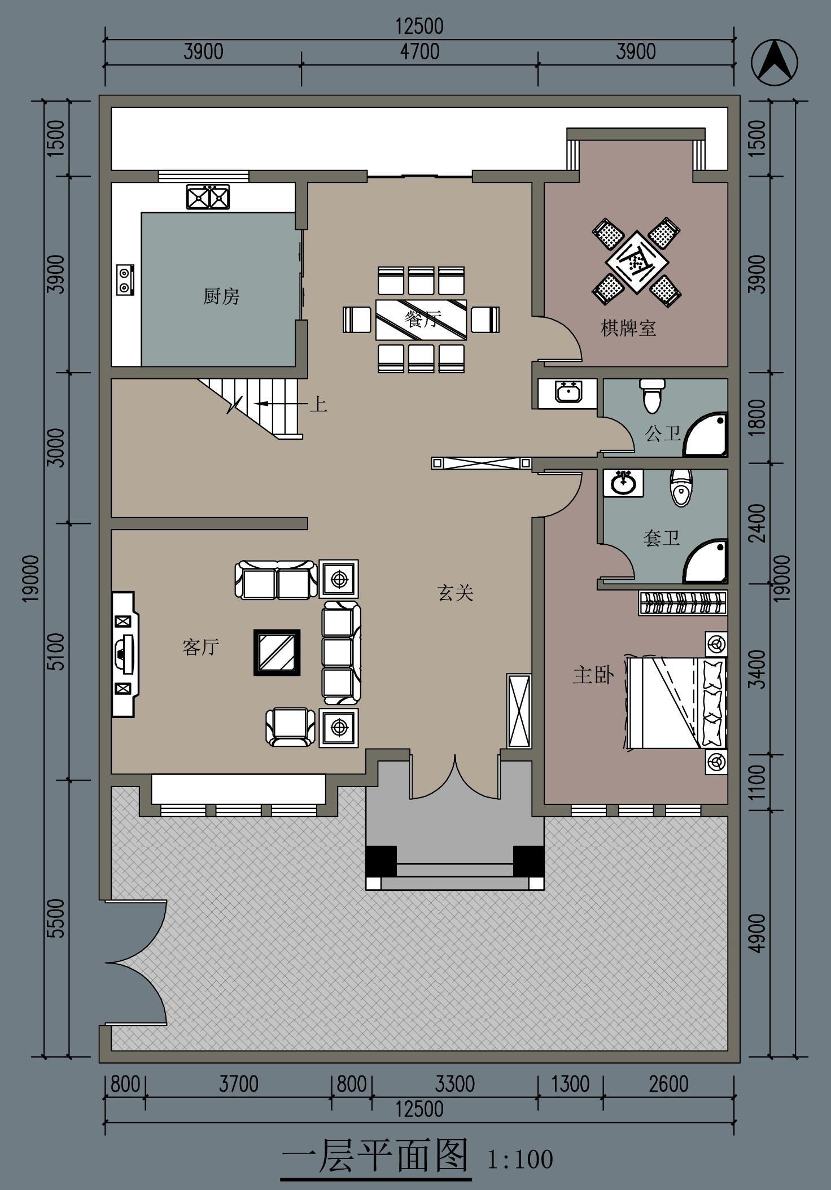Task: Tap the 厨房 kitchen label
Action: tap(221, 296)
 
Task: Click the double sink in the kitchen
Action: tap(208, 197)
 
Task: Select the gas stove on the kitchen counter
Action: tap(125, 279)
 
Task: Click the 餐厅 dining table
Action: tap(421, 320)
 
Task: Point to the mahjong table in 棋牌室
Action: tap(636, 262)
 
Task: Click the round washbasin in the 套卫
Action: tap(623, 483)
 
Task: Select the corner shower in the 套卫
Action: tap(706, 561)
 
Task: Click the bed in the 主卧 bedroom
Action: tap(676, 702)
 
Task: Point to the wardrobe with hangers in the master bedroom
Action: tap(683, 603)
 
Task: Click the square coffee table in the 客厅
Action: tap(277, 653)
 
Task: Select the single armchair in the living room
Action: tap(291, 727)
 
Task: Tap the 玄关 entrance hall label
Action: tap(455, 593)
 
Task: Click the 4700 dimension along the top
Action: tap(419, 52)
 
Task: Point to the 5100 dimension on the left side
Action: tap(57, 651)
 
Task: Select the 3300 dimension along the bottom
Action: tap(455, 1084)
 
